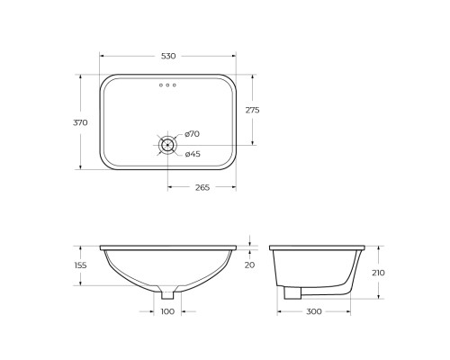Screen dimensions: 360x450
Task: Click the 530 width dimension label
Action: click(168, 56)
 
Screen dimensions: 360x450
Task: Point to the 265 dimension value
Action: click(202, 188)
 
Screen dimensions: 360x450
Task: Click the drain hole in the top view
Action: click(168, 144)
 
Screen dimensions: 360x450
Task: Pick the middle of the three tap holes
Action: click(168, 85)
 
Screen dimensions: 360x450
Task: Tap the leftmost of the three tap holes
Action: click(160, 85)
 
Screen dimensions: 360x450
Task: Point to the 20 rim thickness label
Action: click(250, 265)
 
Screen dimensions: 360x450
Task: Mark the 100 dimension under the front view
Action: click(168, 311)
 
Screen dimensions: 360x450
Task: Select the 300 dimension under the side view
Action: click(314, 311)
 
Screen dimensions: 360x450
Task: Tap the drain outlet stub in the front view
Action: click(168, 293)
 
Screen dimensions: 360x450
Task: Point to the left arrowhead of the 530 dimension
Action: click(101, 64)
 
